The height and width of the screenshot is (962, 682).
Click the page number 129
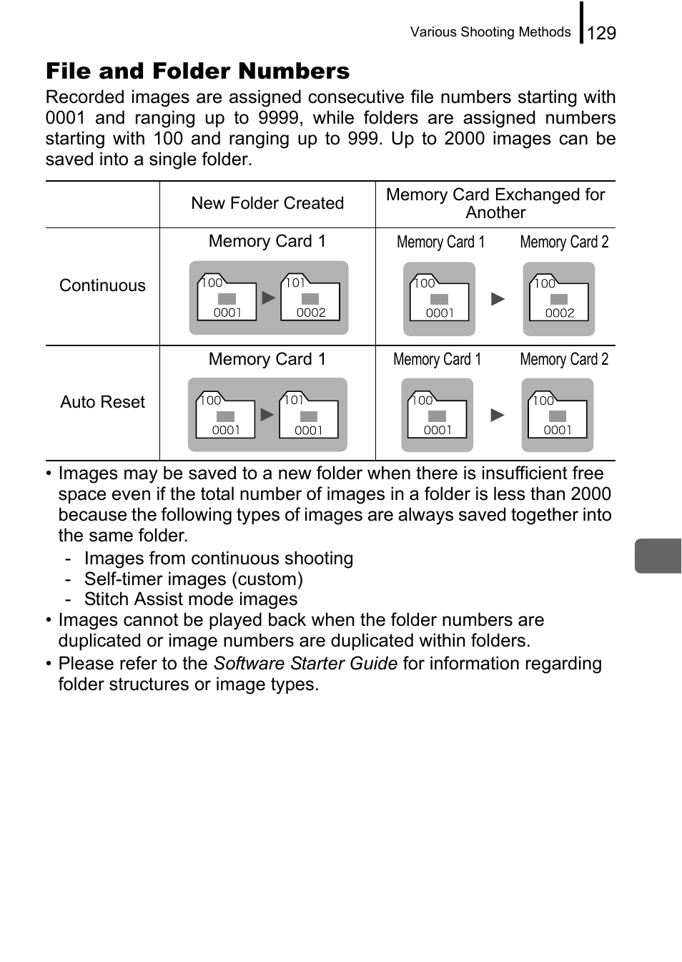(x=601, y=33)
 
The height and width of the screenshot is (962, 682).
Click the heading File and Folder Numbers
(x=197, y=71)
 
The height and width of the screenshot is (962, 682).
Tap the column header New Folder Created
(x=267, y=203)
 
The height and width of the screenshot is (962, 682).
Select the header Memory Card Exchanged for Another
(x=495, y=203)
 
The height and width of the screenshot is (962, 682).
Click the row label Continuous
(x=102, y=285)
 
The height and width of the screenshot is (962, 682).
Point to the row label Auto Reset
(x=102, y=402)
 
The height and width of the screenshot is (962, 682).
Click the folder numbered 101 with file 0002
(x=310, y=298)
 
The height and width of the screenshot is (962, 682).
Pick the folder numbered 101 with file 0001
(x=308, y=416)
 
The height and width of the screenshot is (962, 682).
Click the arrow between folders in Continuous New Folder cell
(x=268, y=298)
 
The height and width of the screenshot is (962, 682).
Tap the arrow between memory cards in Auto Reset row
(x=498, y=415)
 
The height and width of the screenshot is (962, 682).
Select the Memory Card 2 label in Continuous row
(x=564, y=242)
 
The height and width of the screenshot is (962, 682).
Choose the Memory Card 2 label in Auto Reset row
(x=564, y=359)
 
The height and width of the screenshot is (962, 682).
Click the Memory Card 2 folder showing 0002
(x=559, y=299)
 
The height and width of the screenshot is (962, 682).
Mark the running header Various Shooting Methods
(x=490, y=32)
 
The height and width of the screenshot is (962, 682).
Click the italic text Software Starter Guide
(x=305, y=664)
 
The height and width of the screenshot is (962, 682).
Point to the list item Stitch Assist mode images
(x=190, y=599)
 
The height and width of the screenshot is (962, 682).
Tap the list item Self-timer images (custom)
(x=193, y=579)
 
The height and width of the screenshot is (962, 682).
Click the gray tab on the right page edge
(x=658, y=556)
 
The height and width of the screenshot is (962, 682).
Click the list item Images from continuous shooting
(x=218, y=559)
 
